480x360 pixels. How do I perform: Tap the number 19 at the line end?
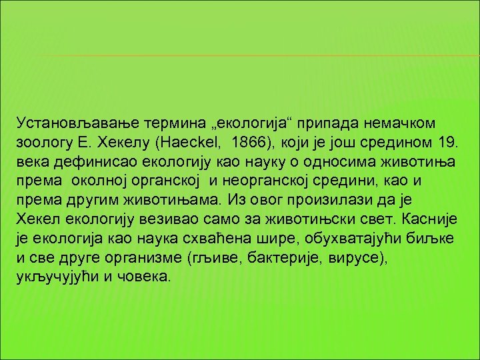(x=451, y=143)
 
